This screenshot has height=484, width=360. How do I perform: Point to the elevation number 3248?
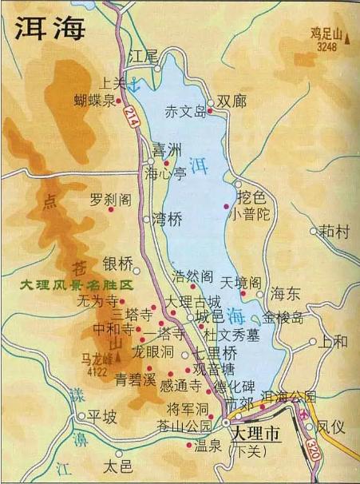(327, 46)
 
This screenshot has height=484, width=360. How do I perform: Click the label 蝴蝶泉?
(95, 100)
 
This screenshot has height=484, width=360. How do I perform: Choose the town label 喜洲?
(167, 149)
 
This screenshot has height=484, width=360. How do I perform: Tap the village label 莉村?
(334, 232)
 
